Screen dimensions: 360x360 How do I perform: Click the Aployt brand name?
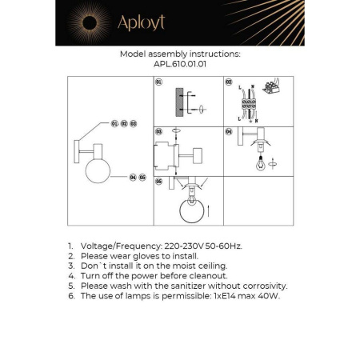point(141,22)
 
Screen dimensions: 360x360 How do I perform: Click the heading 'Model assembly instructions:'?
point(179,54)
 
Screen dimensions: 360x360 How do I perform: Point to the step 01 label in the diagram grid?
point(158,82)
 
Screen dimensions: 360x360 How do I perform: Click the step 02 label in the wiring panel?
point(228,82)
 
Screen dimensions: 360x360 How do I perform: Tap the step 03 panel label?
point(158,130)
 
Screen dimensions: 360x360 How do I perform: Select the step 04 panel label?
point(228,130)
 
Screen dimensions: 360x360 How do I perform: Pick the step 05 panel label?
point(158,182)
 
